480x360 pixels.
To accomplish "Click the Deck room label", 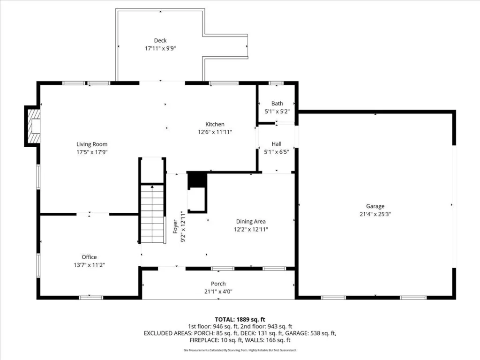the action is coord(160,40).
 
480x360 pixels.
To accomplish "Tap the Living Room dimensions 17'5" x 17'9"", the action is coord(92,152).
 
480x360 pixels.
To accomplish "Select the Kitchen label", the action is coord(215,124).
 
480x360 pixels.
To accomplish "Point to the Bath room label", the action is coord(277,104).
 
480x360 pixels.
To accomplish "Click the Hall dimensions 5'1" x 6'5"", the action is coord(277,152).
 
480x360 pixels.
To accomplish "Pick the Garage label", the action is coord(375,206).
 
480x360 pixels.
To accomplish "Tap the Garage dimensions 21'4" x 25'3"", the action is coord(375,214).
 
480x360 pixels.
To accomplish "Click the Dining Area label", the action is coord(251,222).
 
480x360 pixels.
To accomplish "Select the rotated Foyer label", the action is coord(175,226).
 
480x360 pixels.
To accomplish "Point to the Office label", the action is coord(89,257).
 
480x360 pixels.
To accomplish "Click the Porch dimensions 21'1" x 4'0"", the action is coord(218,292).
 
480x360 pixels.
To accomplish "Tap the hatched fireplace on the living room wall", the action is coord(34,127).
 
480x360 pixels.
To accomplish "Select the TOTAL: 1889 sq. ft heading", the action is coord(240,320).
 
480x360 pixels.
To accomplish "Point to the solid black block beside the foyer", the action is coord(197,181).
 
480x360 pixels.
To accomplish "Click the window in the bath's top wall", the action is coord(276,83).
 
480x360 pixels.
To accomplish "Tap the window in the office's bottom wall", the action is coord(91,298).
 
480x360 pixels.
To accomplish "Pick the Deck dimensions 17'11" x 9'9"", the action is coord(160,48).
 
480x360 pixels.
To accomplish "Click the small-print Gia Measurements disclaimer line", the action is coord(240,350).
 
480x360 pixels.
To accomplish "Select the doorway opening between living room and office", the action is coord(93,214).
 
